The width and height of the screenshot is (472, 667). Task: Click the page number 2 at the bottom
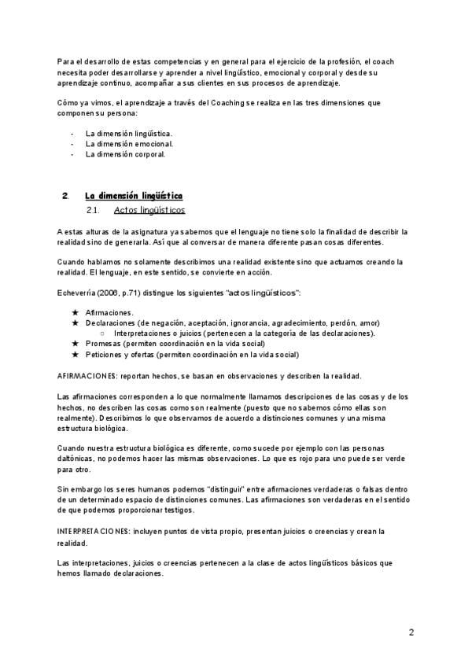pyautogui.click(x=411, y=632)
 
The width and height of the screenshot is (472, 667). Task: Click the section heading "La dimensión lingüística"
pyautogui.click(x=134, y=194)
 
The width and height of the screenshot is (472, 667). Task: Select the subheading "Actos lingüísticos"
pyautogui.click(x=149, y=210)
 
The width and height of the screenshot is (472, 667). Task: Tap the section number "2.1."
pyautogui.click(x=93, y=210)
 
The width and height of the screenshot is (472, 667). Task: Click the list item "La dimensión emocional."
pyautogui.click(x=129, y=144)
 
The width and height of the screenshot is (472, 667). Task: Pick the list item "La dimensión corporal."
pyautogui.click(x=126, y=154)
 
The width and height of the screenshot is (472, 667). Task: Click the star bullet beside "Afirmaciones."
pyautogui.click(x=76, y=312)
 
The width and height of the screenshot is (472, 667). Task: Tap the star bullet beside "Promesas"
pyautogui.click(x=76, y=344)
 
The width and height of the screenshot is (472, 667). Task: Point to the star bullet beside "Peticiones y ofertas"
pyautogui.click(x=76, y=354)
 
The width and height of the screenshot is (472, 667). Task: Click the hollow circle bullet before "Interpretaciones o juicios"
pyautogui.click(x=103, y=333)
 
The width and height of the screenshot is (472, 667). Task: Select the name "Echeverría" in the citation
pyautogui.click(x=77, y=293)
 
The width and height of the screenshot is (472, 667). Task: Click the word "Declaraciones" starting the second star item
pyautogui.click(x=109, y=322)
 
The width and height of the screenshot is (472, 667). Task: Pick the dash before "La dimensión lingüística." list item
pyautogui.click(x=72, y=134)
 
